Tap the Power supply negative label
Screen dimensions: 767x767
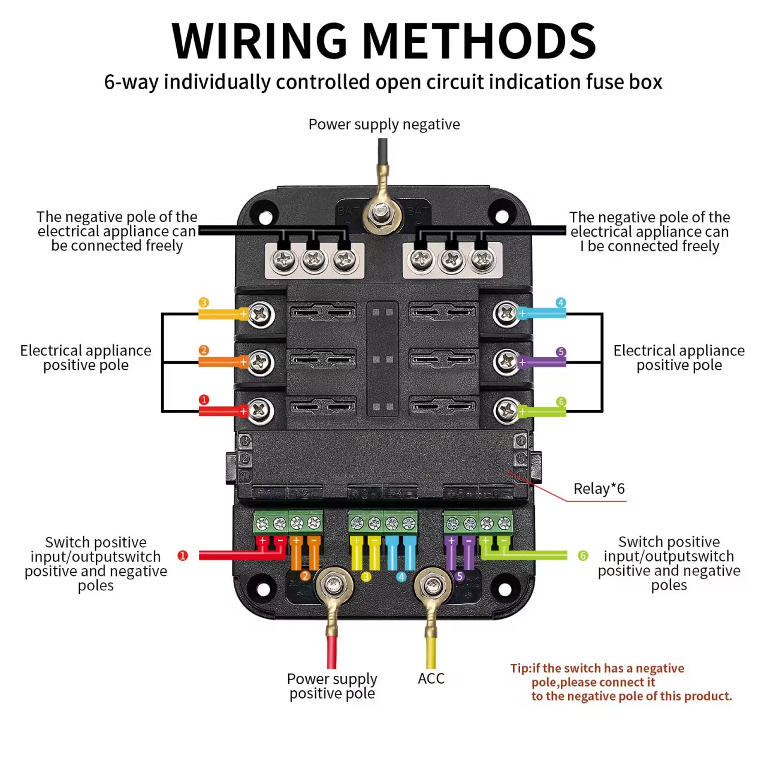point(384,125)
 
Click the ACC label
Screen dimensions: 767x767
point(431,678)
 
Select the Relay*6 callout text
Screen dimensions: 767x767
point(599,489)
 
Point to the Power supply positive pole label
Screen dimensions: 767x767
point(332,686)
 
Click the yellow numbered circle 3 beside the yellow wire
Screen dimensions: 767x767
point(204,303)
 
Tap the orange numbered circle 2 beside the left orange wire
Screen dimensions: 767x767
point(204,351)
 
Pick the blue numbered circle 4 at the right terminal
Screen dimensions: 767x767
point(561,303)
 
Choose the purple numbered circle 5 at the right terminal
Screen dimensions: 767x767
point(561,352)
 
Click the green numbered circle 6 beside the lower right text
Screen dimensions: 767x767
point(583,556)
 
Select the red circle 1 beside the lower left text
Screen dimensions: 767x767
point(183,555)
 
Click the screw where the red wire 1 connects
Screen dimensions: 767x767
point(260,410)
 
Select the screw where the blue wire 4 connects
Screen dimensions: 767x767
point(506,313)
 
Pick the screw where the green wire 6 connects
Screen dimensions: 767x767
point(506,411)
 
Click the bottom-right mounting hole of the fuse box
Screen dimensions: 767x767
point(505,590)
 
